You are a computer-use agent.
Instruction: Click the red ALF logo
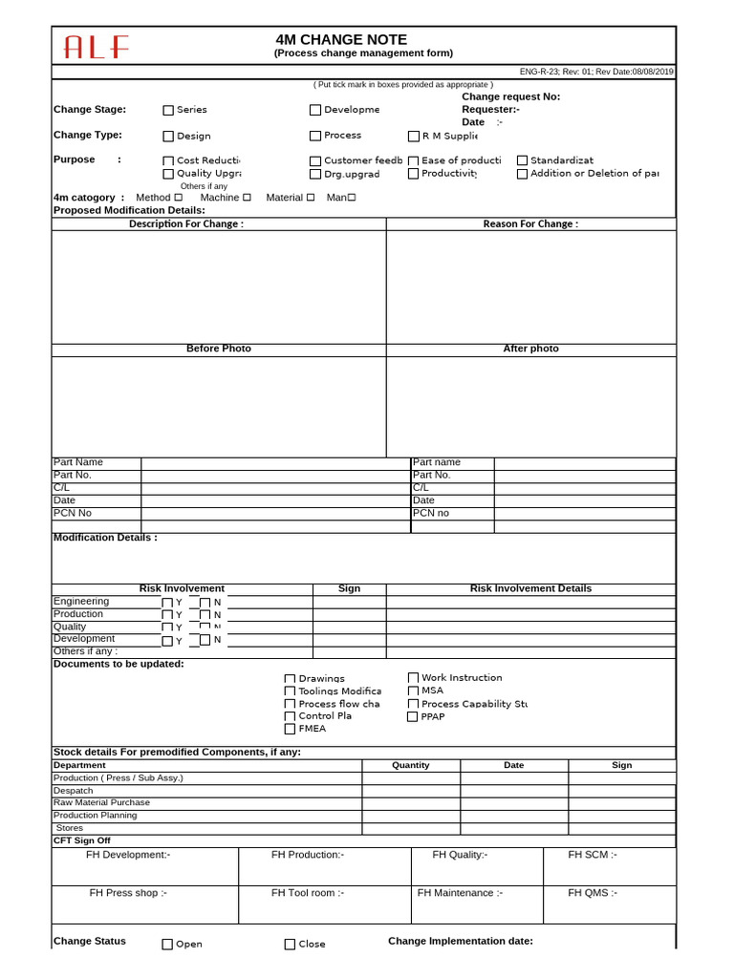pyautogui.click(x=96, y=47)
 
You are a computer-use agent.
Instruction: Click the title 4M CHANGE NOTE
pyautogui.click(x=341, y=40)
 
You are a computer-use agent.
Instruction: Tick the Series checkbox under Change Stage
pyautogui.click(x=168, y=110)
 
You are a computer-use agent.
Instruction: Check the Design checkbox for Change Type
pyautogui.click(x=168, y=137)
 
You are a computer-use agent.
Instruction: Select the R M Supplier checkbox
pyautogui.click(x=414, y=136)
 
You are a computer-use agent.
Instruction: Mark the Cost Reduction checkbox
pyautogui.click(x=168, y=161)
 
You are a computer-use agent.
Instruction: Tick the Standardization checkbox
pyautogui.click(x=522, y=160)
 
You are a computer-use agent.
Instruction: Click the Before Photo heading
pyautogui.click(x=218, y=349)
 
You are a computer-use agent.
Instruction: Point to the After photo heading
pyautogui.click(x=530, y=349)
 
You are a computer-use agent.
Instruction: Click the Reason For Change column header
pyautogui.click(x=530, y=223)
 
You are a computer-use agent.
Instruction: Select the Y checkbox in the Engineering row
pyautogui.click(x=167, y=603)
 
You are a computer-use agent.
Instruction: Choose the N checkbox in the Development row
pyautogui.click(x=205, y=639)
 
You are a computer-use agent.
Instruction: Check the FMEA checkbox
pyautogui.click(x=290, y=729)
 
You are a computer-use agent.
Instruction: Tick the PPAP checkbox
pyautogui.click(x=413, y=716)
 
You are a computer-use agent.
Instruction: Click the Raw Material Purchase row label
pyautogui.click(x=101, y=802)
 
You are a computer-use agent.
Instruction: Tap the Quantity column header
pyautogui.click(x=411, y=765)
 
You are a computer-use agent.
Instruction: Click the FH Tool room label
pyautogui.click(x=308, y=893)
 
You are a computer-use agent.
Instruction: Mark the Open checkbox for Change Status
pyautogui.click(x=167, y=945)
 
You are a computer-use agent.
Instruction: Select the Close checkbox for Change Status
pyautogui.click(x=290, y=945)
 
